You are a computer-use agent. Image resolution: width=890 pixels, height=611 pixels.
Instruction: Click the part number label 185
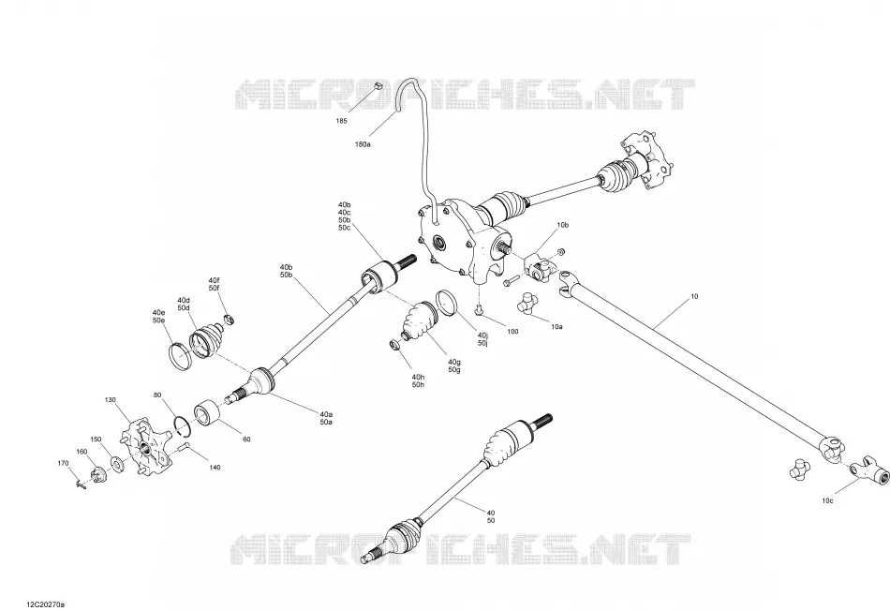(341, 121)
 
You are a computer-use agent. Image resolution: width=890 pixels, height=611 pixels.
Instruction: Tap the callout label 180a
(363, 145)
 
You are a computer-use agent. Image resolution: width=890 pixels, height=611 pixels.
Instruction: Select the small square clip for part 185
(379, 86)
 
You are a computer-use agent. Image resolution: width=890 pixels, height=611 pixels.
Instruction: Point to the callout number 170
(63, 463)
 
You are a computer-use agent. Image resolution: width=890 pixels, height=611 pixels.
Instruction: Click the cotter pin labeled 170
(80, 484)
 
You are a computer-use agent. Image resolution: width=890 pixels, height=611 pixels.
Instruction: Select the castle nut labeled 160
(98, 472)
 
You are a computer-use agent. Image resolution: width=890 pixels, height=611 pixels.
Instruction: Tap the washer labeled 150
(116, 464)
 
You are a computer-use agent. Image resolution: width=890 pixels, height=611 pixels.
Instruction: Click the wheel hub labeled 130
(146, 447)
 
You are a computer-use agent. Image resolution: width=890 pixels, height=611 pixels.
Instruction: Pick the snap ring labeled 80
(182, 426)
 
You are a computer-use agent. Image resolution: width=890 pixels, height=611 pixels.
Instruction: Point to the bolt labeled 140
(182, 448)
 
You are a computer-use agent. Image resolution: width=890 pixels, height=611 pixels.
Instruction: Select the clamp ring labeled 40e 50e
(181, 358)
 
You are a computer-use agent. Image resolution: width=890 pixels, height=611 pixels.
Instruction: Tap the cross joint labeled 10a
(527, 303)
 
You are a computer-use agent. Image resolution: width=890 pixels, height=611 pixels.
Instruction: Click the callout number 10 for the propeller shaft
(695, 296)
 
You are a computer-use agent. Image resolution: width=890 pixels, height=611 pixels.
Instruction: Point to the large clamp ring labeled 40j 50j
(447, 303)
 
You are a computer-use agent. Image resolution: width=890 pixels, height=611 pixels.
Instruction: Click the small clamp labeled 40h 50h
(393, 345)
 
